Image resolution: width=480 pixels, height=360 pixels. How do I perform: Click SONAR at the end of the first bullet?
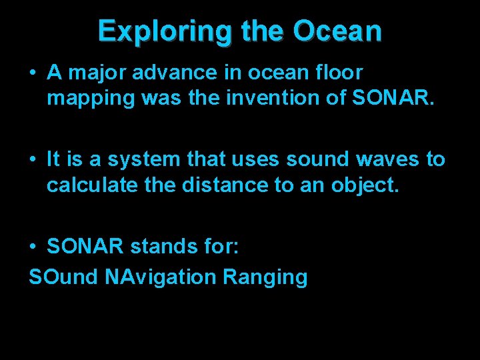[393, 99]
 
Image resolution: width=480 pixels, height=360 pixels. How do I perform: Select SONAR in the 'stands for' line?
[85, 247]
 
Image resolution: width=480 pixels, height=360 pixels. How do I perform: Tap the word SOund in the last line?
[63, 277]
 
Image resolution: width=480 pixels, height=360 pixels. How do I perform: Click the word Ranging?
[265, 277]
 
